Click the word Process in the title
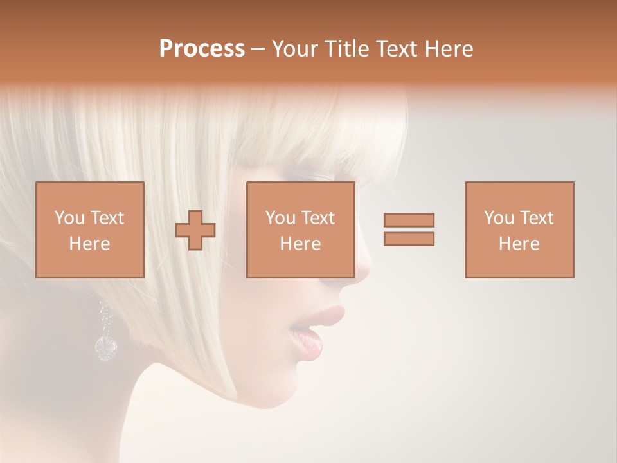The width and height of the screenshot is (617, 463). (x=202, y=49)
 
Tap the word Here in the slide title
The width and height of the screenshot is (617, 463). (x=448, y=49)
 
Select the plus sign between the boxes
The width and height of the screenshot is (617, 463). (x=195, y=230)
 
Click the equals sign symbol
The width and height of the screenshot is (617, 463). (x=409, y=230)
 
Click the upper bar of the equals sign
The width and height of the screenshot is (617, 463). (x=409, y=221)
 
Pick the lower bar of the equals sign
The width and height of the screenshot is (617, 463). (x=409, y=239)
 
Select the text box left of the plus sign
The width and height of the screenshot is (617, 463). (x=90, y=230)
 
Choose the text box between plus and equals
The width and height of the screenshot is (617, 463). (x=300, y=230)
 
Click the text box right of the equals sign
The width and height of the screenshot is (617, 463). (x=519, y=230)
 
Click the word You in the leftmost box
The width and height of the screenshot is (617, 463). (x=69, y=218)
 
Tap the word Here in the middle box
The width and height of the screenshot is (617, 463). (x=300, y=244)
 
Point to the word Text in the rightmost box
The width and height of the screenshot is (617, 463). (x=536, y=218)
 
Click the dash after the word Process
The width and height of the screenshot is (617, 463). (x=258, y=50)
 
